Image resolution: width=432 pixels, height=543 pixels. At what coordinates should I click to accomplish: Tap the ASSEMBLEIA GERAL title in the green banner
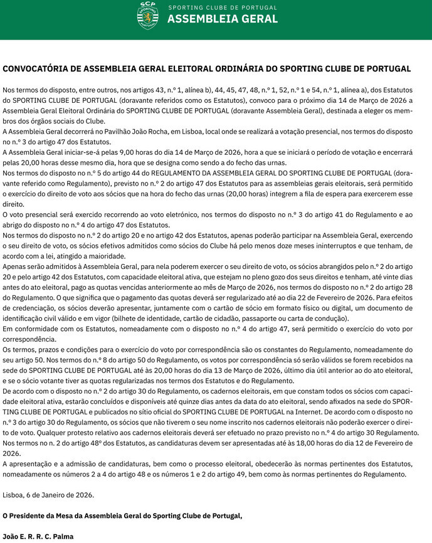(223, 19)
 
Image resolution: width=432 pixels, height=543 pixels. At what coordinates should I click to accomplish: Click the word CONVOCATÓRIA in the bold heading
(39, 68)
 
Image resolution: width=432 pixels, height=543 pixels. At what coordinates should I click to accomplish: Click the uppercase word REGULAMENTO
(183, 173)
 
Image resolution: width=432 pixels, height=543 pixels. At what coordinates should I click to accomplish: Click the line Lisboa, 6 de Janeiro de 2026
(48, 495)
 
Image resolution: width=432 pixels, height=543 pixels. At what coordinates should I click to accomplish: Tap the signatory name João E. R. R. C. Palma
(38, 536)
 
